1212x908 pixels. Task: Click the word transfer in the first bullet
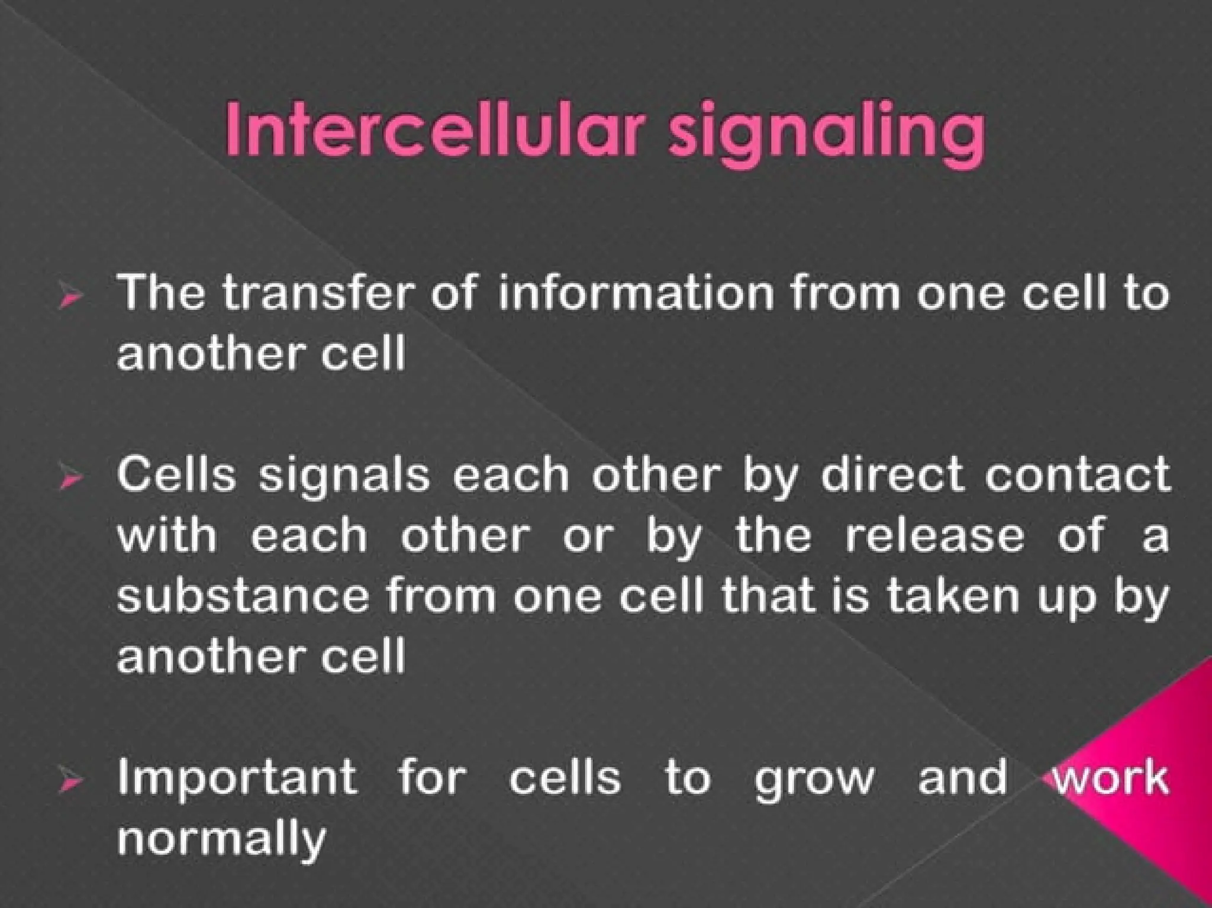click(x=316, y=293)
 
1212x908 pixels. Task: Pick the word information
click(x=636, y=293)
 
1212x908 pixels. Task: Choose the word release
click(x=934, y=535)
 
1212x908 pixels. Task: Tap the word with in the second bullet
click(x=167, y=535)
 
